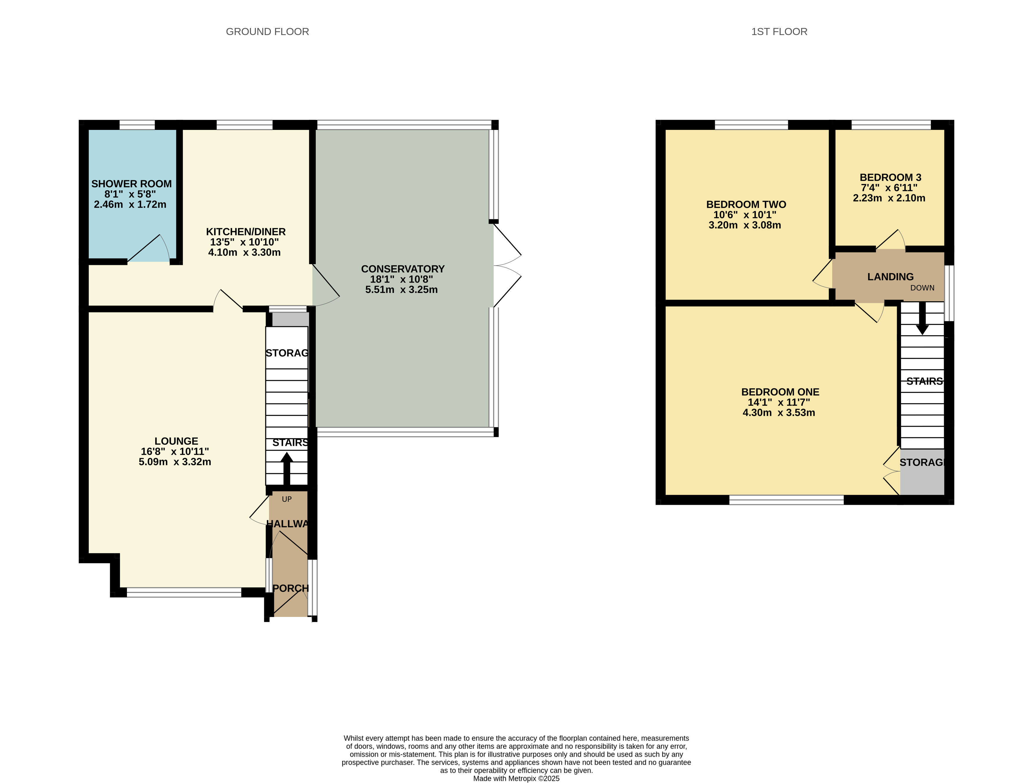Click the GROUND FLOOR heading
[x=267, y=32]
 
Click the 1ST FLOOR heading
[x=779, y=32]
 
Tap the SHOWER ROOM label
[x=131, y=184]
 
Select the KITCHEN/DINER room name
[x=246, y=231]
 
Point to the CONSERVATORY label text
[x=403, y=269]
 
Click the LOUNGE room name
[x=176, y=441]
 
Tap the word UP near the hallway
[x=287, y=499]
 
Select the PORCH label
[x=290, y=588]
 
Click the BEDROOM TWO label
[x=746, y=204]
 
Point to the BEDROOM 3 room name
[x=890, y=178]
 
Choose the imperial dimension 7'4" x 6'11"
[x=889, y=188]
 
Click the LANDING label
[x=890, y=277]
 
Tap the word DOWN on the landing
[x=922, y=288]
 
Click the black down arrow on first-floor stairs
[x=922, y=318]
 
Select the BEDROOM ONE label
[x=780, y=392]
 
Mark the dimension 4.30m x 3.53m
[x=779, y=413]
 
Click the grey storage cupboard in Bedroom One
[x=922, y=471]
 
